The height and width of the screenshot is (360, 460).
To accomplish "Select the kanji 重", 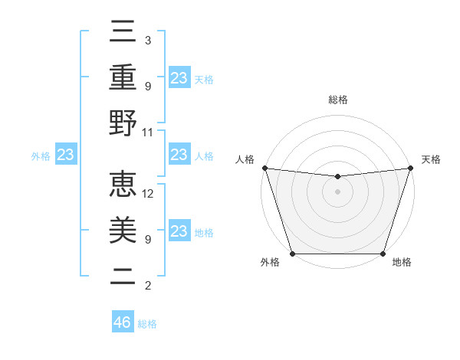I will point(123,79).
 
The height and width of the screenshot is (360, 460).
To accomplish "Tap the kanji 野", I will point(123,124).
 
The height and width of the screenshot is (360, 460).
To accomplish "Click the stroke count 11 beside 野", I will point(148,132).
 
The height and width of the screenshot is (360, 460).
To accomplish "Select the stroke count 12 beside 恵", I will point(148,194).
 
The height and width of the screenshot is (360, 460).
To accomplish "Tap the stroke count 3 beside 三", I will point(147,40).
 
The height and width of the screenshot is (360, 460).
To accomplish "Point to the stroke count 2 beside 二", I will point(147,286).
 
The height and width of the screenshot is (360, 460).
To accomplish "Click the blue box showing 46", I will point(123,322).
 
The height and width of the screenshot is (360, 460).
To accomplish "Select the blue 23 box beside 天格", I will point(179,77).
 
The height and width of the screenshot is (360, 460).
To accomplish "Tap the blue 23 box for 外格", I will point(66,155).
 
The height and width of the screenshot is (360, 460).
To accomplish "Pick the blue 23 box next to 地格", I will point(179,231).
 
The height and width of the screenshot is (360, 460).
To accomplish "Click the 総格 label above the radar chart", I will point(337,100).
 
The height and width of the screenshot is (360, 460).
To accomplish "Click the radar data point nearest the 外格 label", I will point(292,253).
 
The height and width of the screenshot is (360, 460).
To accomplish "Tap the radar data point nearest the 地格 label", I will point(383,253).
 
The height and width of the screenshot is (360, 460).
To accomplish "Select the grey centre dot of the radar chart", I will point(337,191).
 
